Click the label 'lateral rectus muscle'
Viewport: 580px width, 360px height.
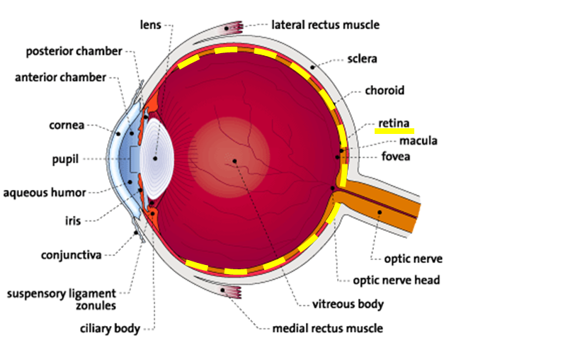point(325,26)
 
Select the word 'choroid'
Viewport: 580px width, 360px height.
point(385,91)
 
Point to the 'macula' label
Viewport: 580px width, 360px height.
point(419,140)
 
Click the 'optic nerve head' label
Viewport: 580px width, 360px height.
point(397,280)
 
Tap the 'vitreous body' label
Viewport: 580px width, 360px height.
point(348,304)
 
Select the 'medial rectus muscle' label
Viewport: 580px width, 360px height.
point(328,328)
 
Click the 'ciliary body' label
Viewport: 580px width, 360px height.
point(109,328)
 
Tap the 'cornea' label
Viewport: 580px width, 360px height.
point(67,125)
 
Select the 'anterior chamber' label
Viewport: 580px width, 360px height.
point(60,77)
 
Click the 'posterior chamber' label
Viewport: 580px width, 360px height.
point(74,52)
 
